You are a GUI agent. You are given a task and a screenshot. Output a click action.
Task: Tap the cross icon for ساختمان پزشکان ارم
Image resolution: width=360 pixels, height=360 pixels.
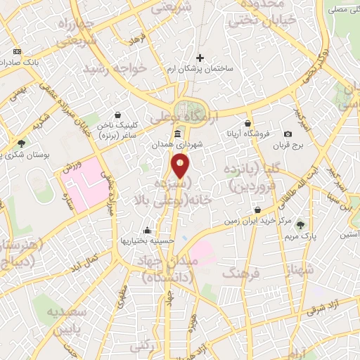200,58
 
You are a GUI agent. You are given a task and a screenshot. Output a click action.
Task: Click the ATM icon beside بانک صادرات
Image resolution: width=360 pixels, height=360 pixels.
17,51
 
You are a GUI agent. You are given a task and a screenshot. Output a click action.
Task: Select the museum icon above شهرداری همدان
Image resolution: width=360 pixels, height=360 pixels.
176,134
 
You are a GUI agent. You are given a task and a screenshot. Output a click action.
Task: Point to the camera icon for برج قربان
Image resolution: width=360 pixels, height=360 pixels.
288,134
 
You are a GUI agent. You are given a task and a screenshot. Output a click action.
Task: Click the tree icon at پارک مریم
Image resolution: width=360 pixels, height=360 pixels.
302,225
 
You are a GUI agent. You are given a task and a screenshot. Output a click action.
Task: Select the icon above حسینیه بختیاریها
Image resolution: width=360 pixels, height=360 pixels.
146,230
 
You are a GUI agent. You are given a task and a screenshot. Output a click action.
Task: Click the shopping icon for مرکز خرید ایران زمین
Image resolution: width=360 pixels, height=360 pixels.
259,210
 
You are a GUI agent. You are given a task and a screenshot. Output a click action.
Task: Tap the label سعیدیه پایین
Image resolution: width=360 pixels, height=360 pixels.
67,320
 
